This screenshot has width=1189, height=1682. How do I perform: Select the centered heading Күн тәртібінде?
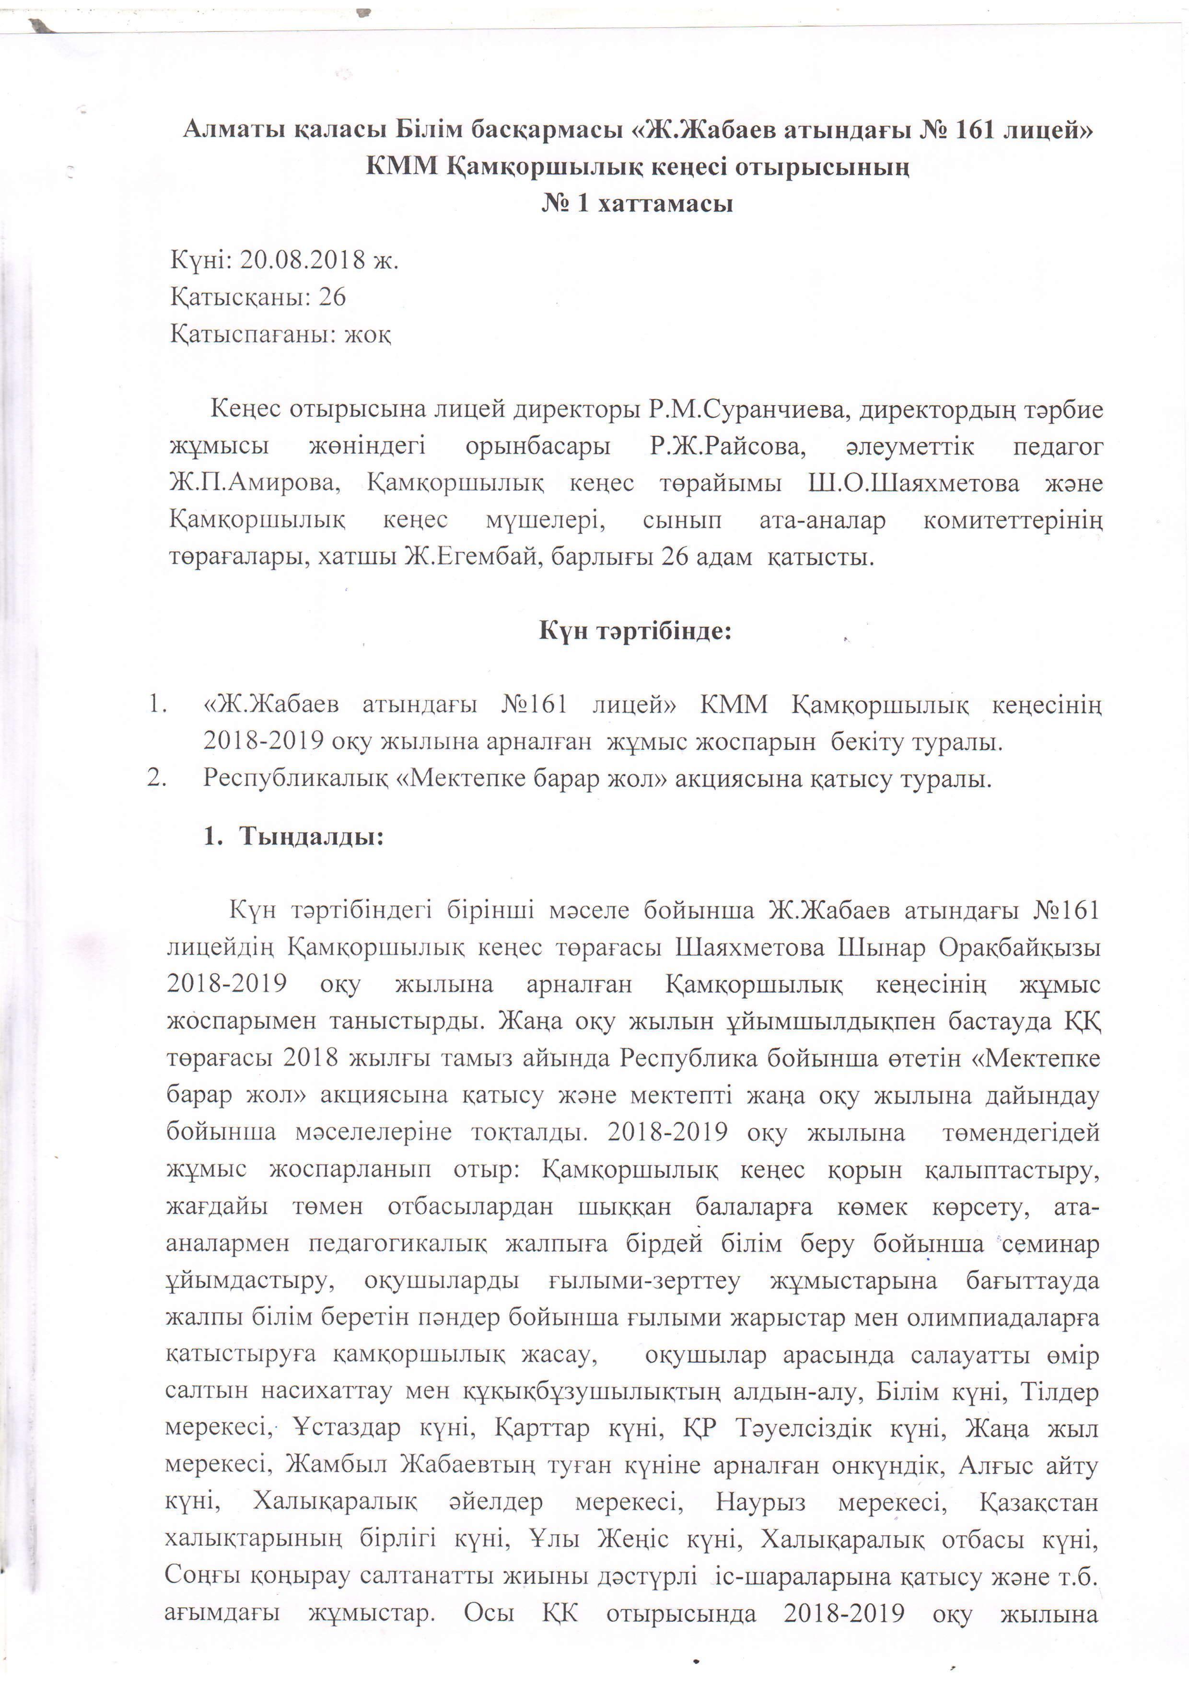tap(636, 631)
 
